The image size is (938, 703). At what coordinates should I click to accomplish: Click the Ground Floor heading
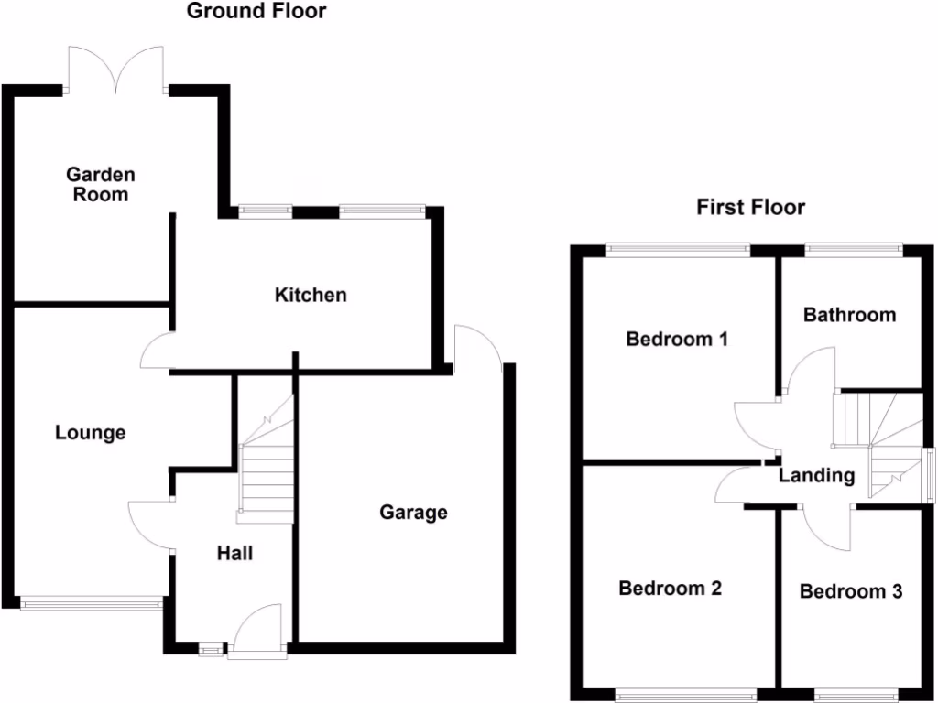click(256, 12)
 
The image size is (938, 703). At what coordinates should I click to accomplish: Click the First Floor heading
click(750, 208)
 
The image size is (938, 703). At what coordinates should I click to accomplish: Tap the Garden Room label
click(100, 184)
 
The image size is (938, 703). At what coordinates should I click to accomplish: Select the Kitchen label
click(311, 295)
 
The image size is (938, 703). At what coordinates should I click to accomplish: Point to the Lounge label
click(90, 433)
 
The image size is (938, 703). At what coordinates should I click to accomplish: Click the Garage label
click(414, 513)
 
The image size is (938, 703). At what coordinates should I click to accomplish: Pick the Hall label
click(234, 553)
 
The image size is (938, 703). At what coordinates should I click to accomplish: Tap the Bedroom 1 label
click(677, 340)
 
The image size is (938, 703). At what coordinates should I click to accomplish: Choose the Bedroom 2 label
click(670, 588)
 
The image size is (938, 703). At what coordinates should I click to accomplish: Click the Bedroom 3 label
click(851, 591)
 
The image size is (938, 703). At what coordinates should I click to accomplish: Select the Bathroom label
click(849, 315)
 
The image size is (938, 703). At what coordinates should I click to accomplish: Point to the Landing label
click(816, 476)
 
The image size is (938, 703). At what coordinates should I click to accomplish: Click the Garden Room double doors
click(115, 71)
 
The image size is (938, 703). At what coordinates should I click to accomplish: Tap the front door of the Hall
click(257, 632)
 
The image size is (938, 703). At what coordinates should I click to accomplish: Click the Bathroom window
click(853, 247)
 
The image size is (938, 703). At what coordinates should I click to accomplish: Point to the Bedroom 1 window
click(678, 247)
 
